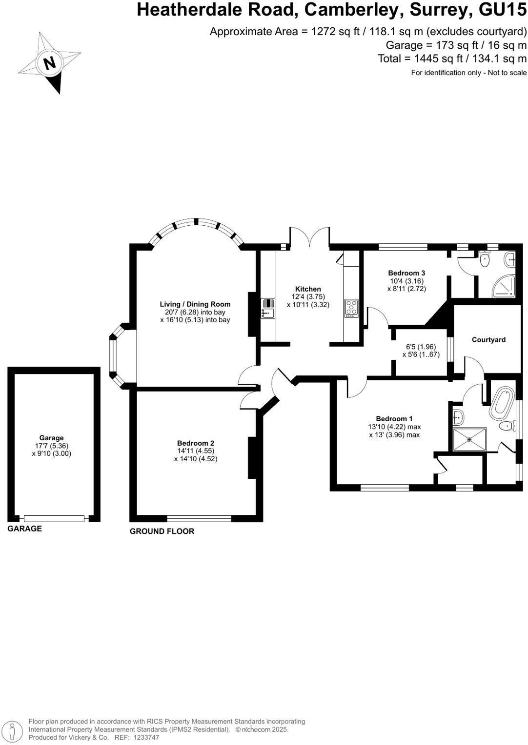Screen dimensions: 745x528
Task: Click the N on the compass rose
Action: [49, 63]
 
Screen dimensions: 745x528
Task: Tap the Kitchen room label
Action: [308, 289]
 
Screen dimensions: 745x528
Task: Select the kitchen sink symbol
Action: [267, 308]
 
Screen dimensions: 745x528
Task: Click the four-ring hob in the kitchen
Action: [351, 308]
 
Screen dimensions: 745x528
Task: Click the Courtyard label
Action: [488, 340]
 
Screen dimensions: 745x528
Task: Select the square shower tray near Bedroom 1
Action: [469, 439]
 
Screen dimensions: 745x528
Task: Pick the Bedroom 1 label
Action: [394, 419]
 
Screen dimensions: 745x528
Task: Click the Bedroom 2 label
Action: [196, 443]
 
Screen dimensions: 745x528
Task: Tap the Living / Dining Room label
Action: [195, 304]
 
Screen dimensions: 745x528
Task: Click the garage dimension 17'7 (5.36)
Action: [51, 446]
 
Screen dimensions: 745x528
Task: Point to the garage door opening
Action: [54, 518]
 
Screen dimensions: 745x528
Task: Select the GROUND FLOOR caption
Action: [162, 531]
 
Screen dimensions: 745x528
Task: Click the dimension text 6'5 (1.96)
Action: [421, 347]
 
